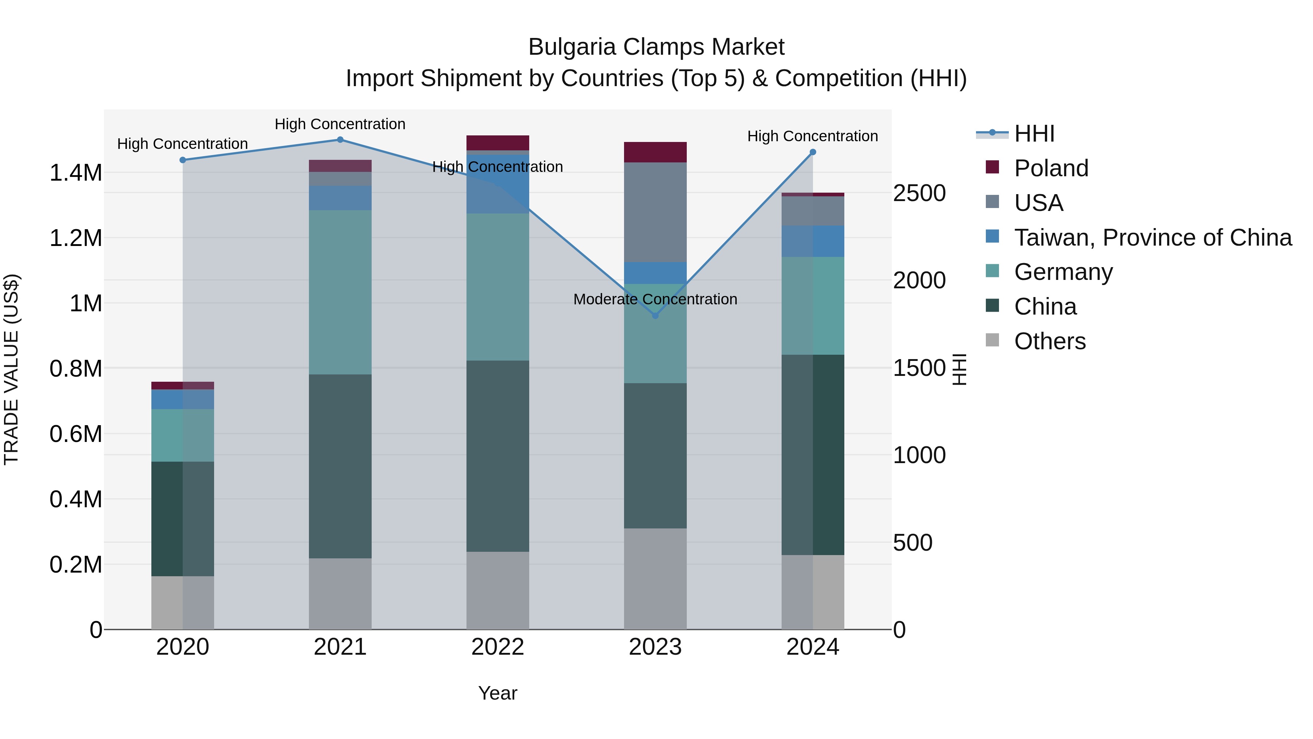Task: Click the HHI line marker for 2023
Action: (x=655, y=316)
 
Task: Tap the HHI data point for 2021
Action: (x=341, y=140)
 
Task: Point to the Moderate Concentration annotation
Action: (x=655, y=299)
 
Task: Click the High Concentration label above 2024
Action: (x=813, y=136)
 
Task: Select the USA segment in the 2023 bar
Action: (x=655, y=212)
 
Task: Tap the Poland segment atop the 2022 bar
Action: (x=498, y=143)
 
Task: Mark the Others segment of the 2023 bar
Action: (x=655, y=578)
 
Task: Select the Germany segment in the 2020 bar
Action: (x=182, y=435)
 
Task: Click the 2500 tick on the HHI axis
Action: (x=919, y=193)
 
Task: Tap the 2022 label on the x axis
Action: (x=498, y=647)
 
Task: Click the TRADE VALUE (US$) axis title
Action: (x=11, y=369)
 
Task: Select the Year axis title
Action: (x=497, y=693)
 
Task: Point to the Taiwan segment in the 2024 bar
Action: (x=813, y=241)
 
